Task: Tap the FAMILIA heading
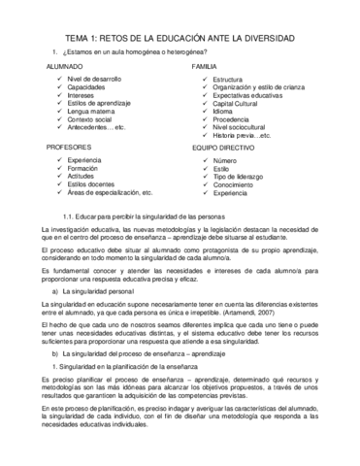[x=205, y=65]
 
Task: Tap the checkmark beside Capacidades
[x=59, y=86]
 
